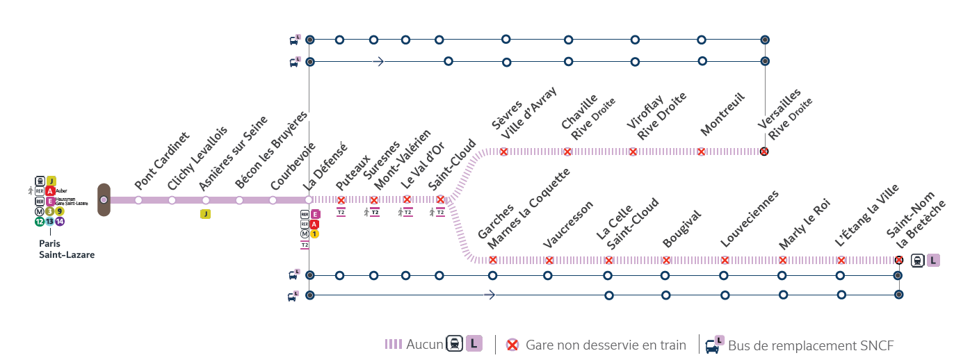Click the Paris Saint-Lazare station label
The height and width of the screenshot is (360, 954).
click(x=66, y=249)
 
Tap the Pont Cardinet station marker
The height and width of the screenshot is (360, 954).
click(x=138, y=200)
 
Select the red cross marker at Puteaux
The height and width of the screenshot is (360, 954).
click(x=341, y=200)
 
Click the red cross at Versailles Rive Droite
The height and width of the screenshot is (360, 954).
click(x=764, y=152)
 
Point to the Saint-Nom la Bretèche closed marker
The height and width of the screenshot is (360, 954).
click(x=898, y=261)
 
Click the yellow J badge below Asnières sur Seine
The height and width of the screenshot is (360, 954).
click(x=205, y=214)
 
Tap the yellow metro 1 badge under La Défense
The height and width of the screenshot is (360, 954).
click(x=315, y=234)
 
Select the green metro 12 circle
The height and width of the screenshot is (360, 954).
click(x=40, y=222)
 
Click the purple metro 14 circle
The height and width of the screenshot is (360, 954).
click(x=60, y=222)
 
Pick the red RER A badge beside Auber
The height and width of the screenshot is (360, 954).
click(x=50, y=190)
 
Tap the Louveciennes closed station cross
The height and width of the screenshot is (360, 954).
click(x=725, y=261)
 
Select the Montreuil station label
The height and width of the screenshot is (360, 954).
click(x=722, y=115)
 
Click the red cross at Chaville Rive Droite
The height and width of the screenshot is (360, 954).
click(x=567, y=152)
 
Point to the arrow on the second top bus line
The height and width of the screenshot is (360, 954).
click(x=378, y=62)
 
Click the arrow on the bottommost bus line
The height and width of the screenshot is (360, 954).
click(x=490, y=295)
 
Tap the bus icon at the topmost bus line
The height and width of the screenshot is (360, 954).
click(x=295, y=40)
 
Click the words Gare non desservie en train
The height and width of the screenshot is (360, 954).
click(x=606, y=345)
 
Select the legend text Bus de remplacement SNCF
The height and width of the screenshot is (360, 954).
click(x=810, y=345)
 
